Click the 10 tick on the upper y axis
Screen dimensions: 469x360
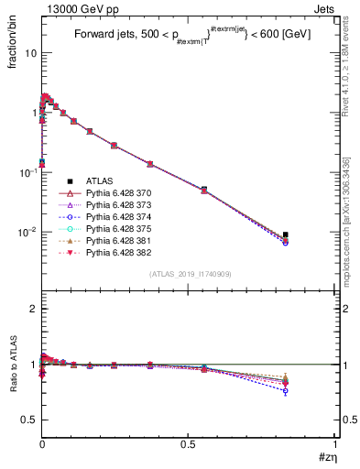pos(31,52)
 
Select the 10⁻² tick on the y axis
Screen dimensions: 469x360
pos(27,232)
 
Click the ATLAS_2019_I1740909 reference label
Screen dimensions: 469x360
pos(190,274)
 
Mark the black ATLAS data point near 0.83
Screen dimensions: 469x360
pos(286,234)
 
